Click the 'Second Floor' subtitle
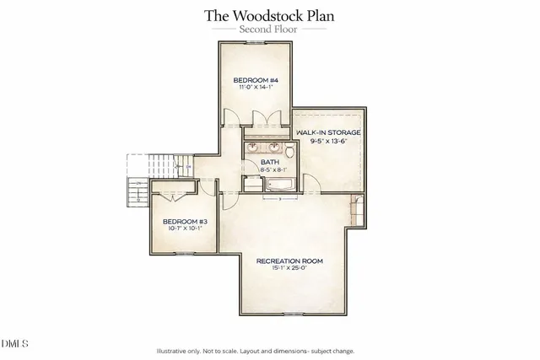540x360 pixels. [x=269, y=29]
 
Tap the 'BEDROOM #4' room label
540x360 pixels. [x=256, y=80]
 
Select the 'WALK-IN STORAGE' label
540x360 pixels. [x=329, y=133]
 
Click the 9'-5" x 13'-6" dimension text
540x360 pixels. [x=329, y=142]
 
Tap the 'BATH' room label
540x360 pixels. [x=269, y=161]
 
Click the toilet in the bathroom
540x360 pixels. [x=289, y=152]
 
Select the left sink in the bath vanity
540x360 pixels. [x=253, y=148]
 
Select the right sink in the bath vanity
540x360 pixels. [x=273, y=148]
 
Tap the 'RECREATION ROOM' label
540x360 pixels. [x=289, y=261]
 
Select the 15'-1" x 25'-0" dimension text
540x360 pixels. [x=289, y=268]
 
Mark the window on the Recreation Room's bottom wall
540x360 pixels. [x=293, y=313]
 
